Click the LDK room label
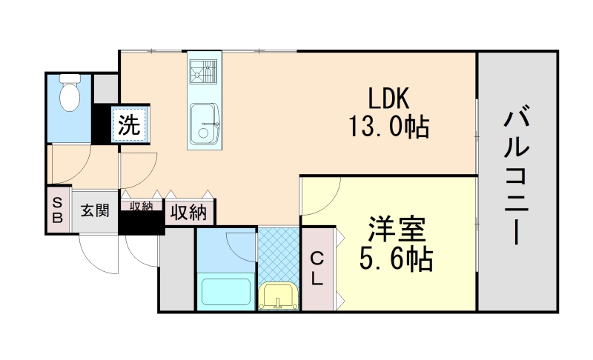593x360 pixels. tap(385, 99)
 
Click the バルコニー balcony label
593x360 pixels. tap(517, 177)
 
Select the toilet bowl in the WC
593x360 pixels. tap(69, 95)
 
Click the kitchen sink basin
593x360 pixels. tap(204, 123)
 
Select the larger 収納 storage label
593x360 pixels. tap(189, 213)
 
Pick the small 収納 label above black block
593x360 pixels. tap(142, 206)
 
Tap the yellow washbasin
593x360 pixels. tap(279, 297)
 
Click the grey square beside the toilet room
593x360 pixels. tap(105, 87)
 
